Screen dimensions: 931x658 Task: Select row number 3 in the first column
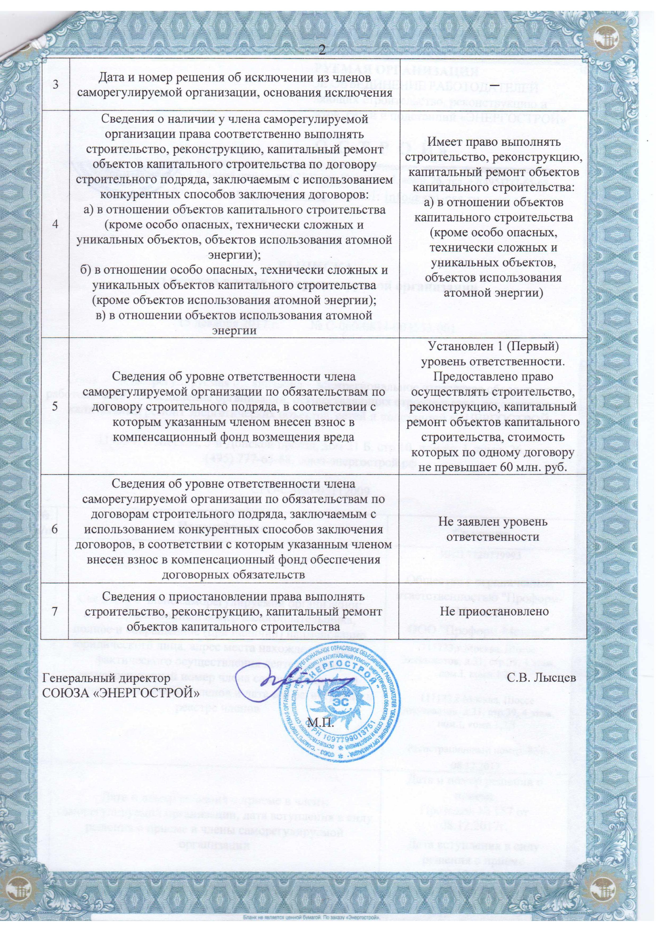pyautogui.click(x=55, y=84)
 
